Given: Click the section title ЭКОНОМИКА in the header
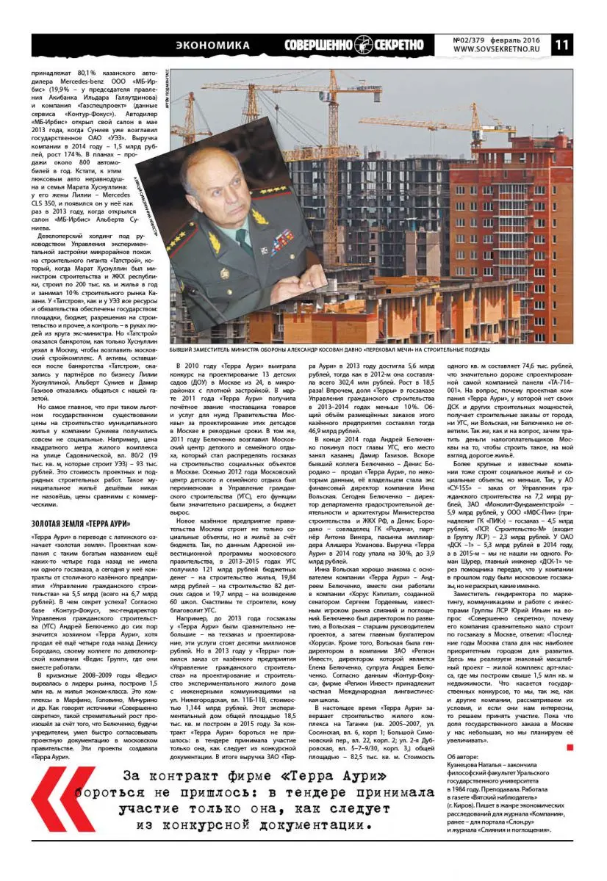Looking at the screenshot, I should pyautogui.click(x=213, y=45).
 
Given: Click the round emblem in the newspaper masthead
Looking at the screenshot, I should pyautogui.click(x=362, y=45).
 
